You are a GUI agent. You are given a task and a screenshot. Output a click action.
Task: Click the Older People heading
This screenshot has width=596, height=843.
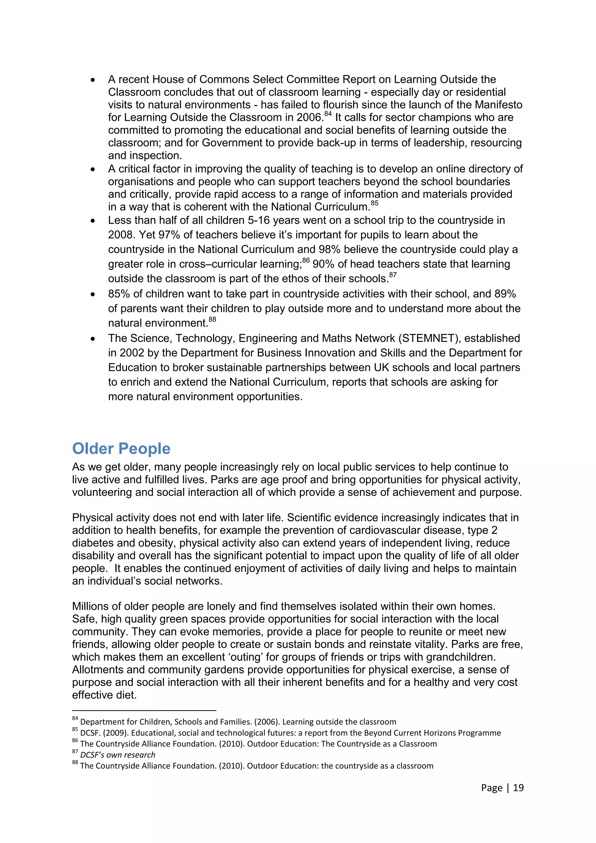pos(121,449)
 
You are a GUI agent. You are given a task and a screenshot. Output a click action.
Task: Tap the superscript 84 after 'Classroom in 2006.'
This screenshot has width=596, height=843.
pos(328,114)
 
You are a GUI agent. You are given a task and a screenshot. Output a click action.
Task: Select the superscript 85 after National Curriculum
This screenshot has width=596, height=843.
pos(374,203)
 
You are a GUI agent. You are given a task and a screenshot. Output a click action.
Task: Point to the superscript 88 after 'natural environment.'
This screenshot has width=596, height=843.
pos(212,319)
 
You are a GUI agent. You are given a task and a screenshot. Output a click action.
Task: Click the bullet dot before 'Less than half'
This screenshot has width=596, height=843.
pos(93,221)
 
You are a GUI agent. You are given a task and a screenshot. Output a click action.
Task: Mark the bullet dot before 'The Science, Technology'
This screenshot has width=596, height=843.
pos(93,339)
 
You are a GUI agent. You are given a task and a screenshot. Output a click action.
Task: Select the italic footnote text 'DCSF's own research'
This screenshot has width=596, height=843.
pos(118,755)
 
